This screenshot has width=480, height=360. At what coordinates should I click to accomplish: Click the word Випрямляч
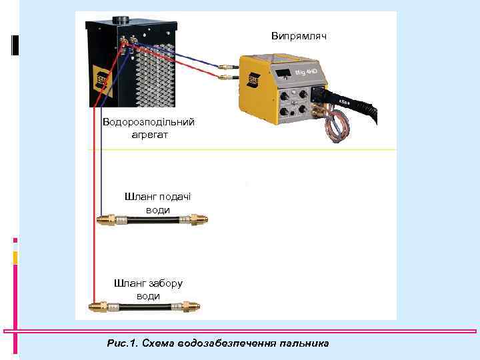[x=299, y=35]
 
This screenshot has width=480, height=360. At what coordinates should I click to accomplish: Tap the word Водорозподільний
[x=149, y=122]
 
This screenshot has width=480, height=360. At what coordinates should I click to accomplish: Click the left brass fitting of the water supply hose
[x=106, y=219]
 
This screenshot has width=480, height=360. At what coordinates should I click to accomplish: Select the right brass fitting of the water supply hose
[x=197, y=219]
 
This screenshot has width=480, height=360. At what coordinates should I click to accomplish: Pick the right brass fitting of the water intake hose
[x=189, y=307]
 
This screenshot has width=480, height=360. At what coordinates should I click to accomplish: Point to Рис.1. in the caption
[x=121, y=343]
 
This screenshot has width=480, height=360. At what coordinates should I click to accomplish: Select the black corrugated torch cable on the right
[x=363, y=106]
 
